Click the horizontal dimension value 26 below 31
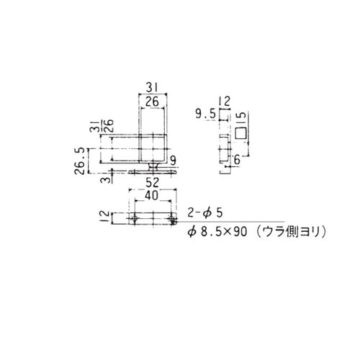[153, 103]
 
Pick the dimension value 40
[152, 194]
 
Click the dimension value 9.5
[205, 113]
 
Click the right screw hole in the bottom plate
[171, 218]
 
